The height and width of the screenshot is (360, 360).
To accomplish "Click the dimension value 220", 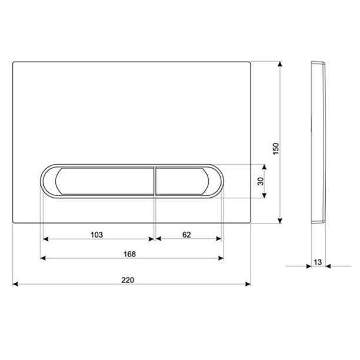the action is point(128,280).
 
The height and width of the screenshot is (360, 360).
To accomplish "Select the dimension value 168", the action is point(130,254).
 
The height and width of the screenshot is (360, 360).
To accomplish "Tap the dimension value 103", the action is point(96,235).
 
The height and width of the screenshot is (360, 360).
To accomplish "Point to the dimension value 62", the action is point(186,235).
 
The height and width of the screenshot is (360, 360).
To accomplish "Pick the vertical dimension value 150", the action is point(276,149).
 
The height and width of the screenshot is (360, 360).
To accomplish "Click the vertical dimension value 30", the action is point(261,181).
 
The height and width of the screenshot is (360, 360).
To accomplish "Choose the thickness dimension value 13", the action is point(318,262).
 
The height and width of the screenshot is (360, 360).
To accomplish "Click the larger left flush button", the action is point(105,181).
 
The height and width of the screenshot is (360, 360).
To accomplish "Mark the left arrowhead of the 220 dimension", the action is point(15,284).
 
